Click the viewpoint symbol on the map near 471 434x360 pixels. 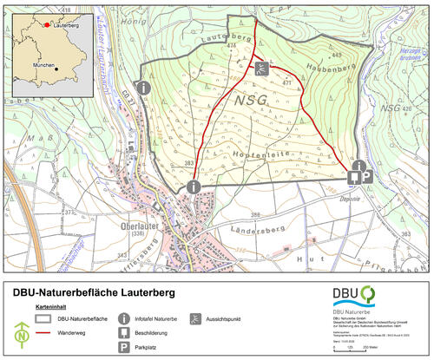(x=260, y=67)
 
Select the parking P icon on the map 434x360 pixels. (x=368, y=175)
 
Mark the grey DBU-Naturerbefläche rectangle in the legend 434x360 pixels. (x=46, y=318)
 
